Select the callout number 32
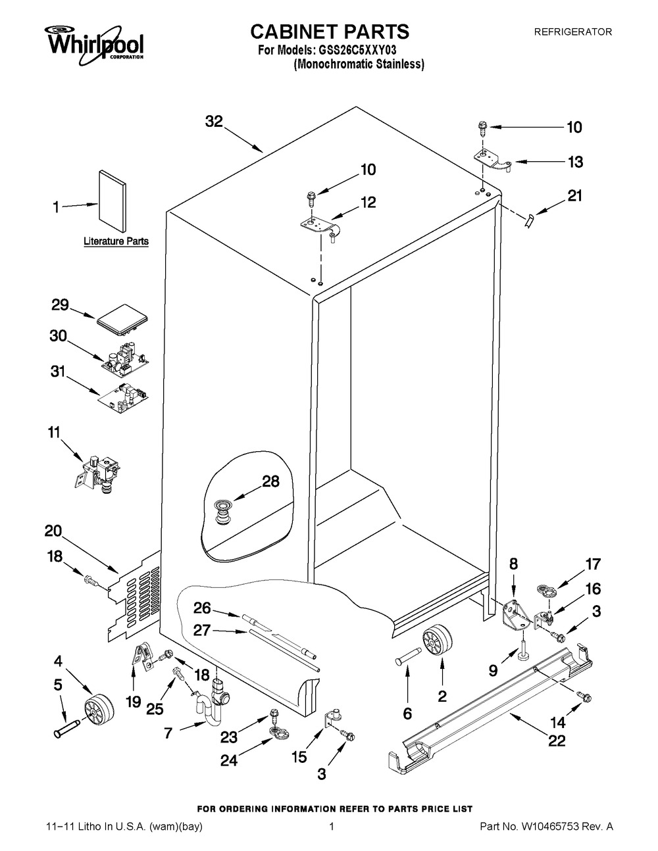tap(214, 122)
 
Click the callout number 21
tap(574, 196)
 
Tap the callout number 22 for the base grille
tap(557, 741)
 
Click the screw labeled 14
tap(582, 696)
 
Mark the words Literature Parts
tap(116, 241)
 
